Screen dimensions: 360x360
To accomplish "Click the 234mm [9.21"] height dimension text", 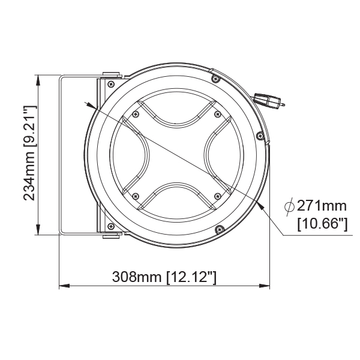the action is click(29, 153).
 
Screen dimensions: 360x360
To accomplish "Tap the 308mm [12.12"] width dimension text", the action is click(164, 277).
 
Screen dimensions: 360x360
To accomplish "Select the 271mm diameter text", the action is click(322, 206).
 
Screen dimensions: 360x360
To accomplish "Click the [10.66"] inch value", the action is click(322, 224).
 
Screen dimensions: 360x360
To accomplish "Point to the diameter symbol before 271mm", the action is click(289, 206).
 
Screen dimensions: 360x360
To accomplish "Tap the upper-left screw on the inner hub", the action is click(136, 113).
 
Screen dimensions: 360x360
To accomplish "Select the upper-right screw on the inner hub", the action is click(217, 113).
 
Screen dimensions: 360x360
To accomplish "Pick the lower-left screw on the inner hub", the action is click(136, 196).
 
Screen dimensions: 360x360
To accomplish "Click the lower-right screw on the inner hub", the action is click(217, 196).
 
